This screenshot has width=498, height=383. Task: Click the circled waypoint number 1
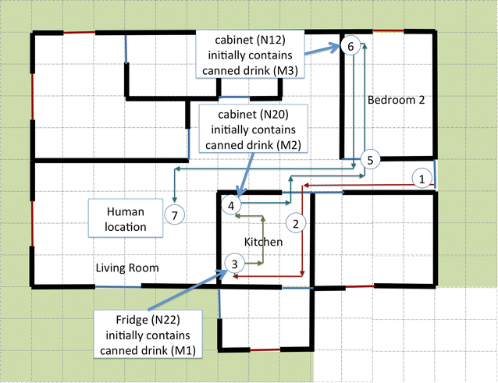click(422, 179)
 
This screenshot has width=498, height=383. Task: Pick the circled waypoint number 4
click(231, 205)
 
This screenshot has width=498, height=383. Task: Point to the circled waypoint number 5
click(371, 159)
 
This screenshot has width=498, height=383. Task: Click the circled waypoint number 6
click(350, 47)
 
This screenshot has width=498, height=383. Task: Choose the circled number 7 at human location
click(175, 215)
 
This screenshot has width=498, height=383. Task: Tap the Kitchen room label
click(263, 243)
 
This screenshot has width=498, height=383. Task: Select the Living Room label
click(127, 268)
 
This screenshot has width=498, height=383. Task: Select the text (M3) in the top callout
click(287, 71)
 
